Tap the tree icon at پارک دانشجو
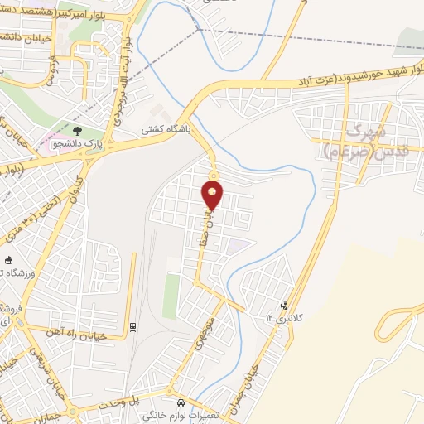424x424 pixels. [77, 131]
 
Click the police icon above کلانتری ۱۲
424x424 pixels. [286, 306]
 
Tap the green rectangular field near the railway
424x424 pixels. [171, 296]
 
